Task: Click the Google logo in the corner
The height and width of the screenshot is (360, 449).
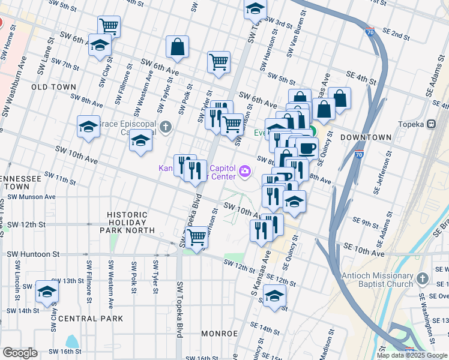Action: click(19, 353)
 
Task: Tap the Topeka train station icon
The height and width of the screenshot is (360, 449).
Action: click(430, 124)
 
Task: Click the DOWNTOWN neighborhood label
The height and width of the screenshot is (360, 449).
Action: click(366, 137)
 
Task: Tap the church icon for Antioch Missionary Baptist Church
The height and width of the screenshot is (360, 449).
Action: click(423, 279)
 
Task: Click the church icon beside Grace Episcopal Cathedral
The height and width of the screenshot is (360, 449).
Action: click(166, 127)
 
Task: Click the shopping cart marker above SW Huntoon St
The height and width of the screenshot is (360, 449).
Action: click(196, 237)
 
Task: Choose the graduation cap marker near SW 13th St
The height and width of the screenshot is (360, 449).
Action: click(47, 292)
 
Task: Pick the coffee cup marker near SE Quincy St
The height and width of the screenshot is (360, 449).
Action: click(307, 148)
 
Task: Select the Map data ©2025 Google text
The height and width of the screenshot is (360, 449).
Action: click(412, 355)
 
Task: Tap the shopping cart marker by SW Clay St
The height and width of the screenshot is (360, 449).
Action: click(109, 26)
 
